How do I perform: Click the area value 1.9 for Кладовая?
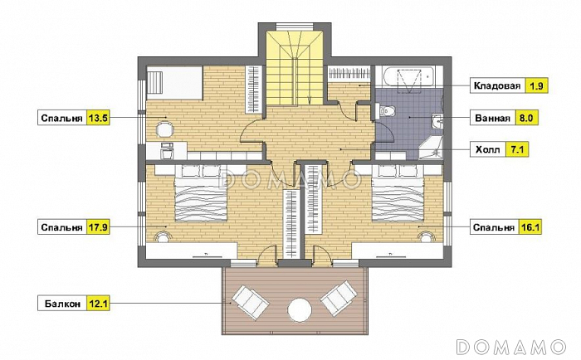(536, 86)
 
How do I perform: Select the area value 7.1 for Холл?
(517, 149)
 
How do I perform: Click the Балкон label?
(62, 304)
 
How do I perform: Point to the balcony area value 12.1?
(98, 304)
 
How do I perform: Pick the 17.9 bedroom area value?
(98, 226)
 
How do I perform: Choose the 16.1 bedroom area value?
(530, 226)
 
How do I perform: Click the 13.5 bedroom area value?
(98, 118)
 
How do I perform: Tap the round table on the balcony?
(300, 309)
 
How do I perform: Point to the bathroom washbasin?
(437, 121)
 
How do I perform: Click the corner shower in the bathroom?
(432, 148)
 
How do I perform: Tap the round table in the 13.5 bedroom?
(164, 130)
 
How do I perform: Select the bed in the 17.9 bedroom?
(201, 193)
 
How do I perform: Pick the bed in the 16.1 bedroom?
(398, 193)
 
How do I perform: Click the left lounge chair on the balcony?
(250, 302)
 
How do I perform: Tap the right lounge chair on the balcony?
(339, 298)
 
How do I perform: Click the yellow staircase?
(295, 69)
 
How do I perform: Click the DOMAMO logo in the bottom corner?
(512, 347)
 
